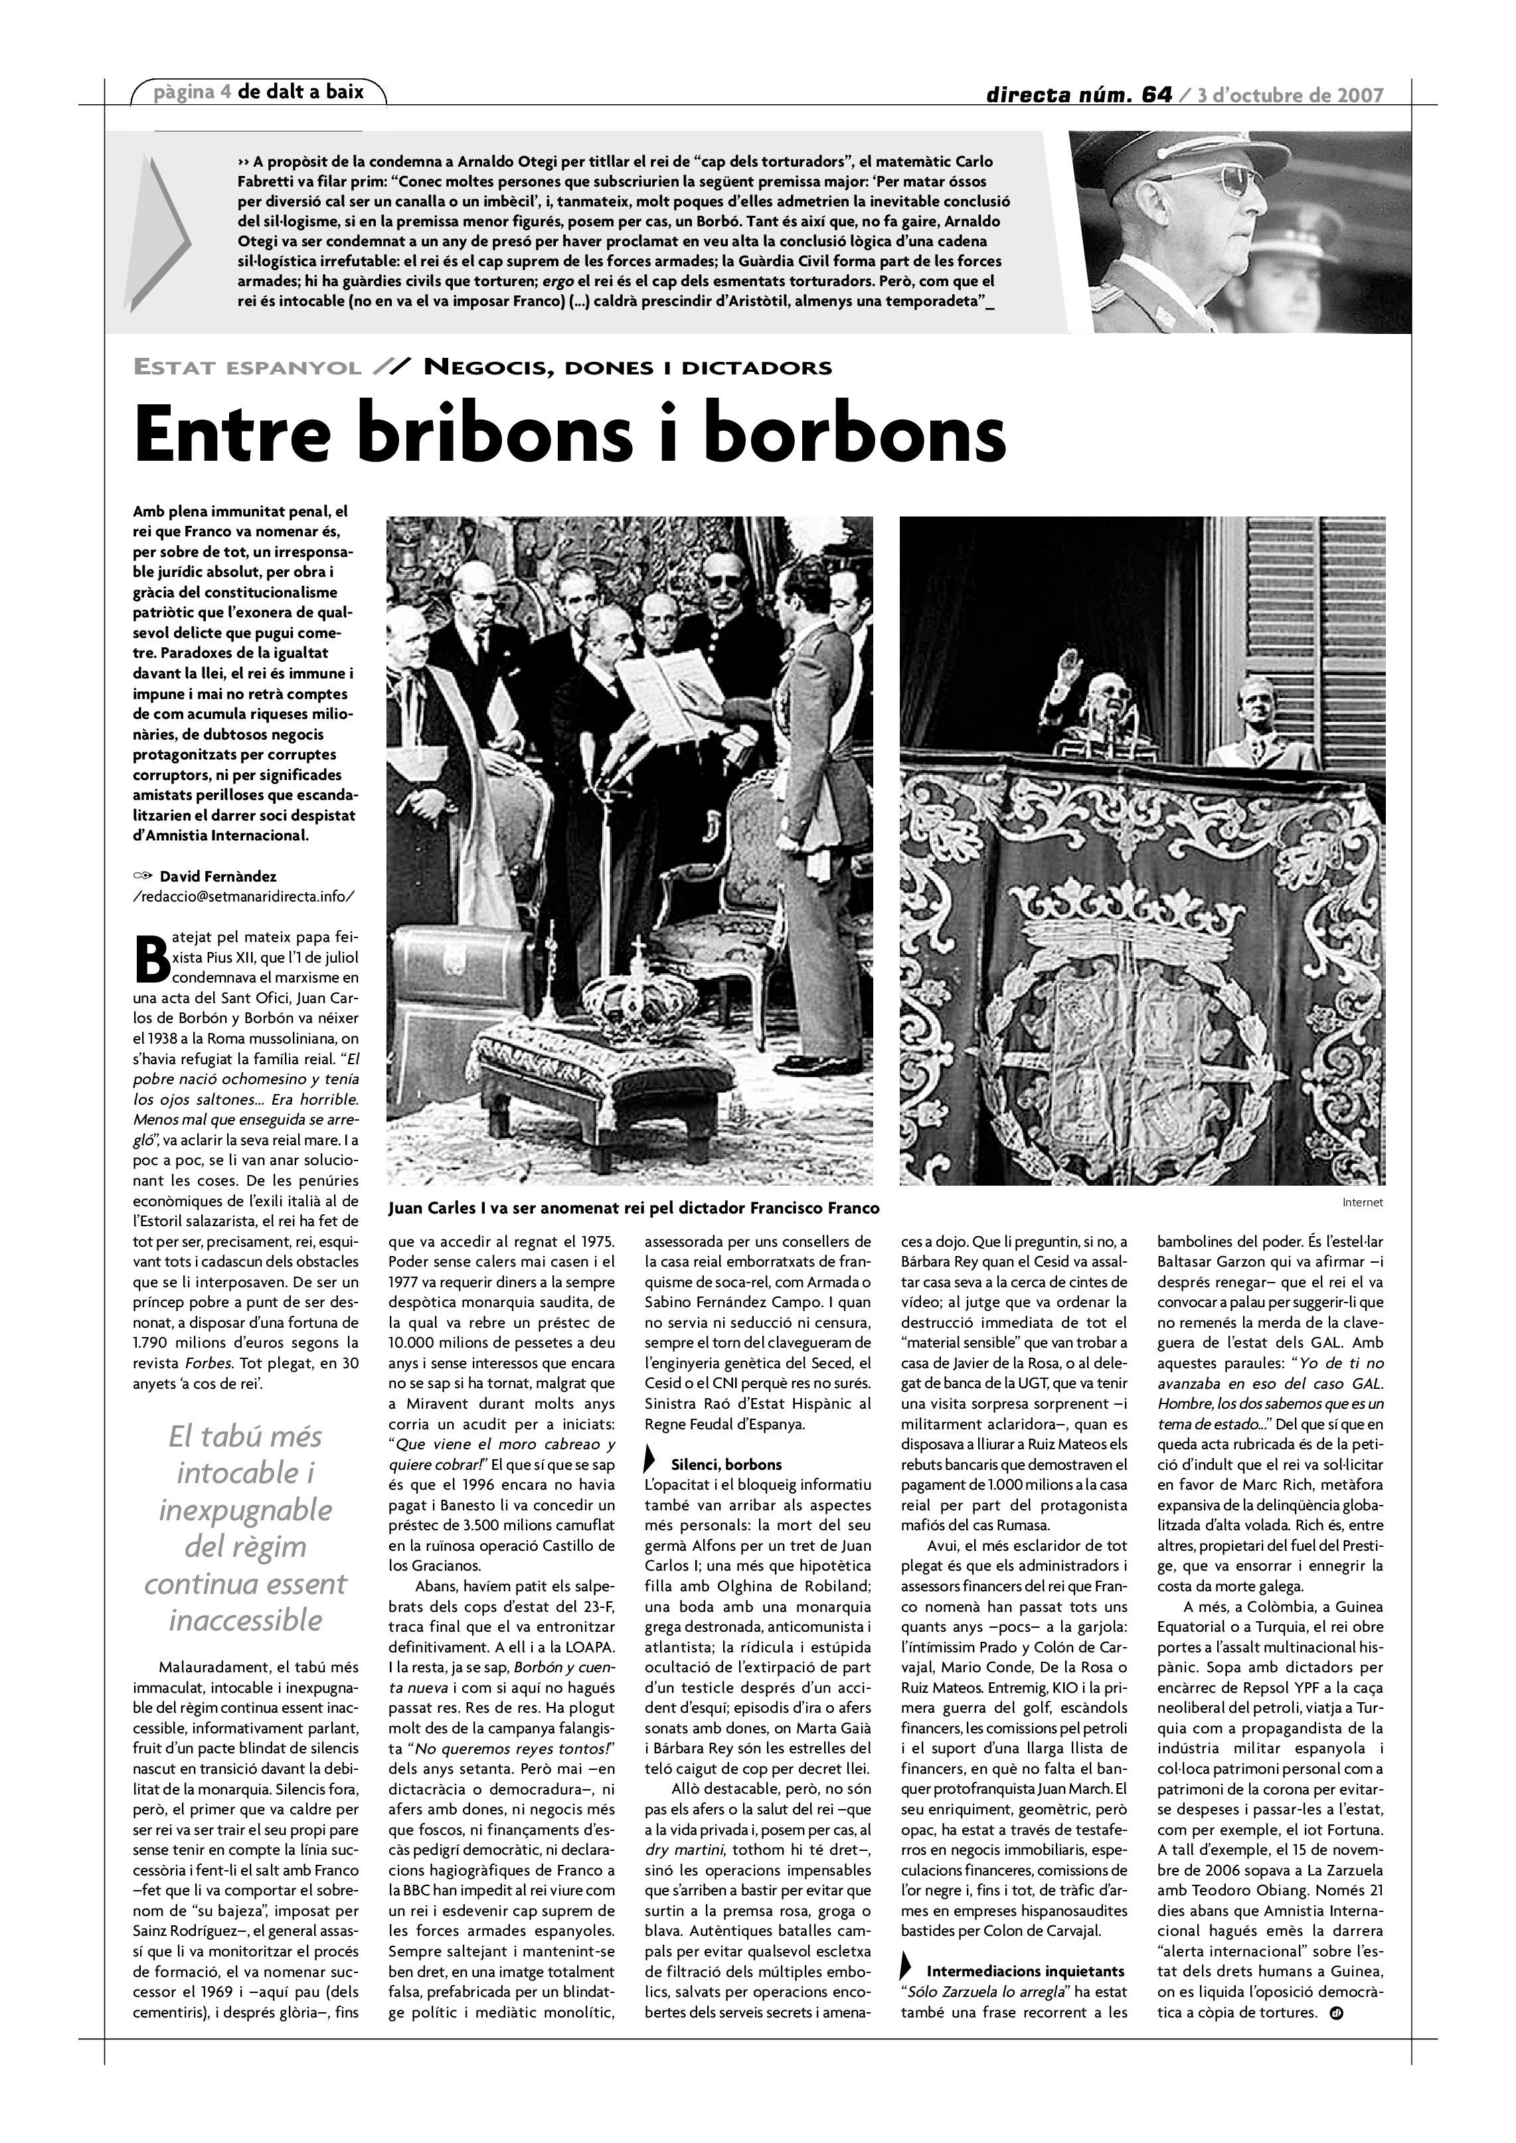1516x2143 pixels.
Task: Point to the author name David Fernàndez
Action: tap(218, 876)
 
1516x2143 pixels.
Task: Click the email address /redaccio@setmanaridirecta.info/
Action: tap(244, 896)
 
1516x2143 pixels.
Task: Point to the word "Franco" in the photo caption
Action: tap(854, 1208)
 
